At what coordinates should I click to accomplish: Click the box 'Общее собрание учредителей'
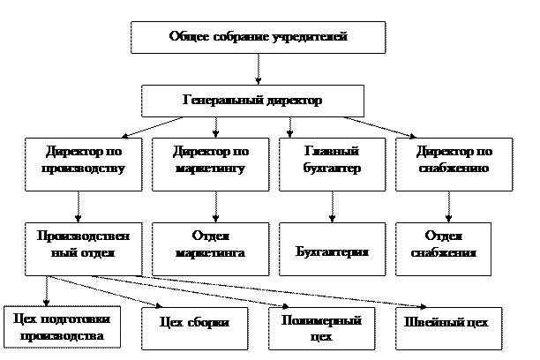[258, 38]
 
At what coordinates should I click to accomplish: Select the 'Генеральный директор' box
[252, 101]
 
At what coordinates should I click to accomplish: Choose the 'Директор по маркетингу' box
[209, 162]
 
